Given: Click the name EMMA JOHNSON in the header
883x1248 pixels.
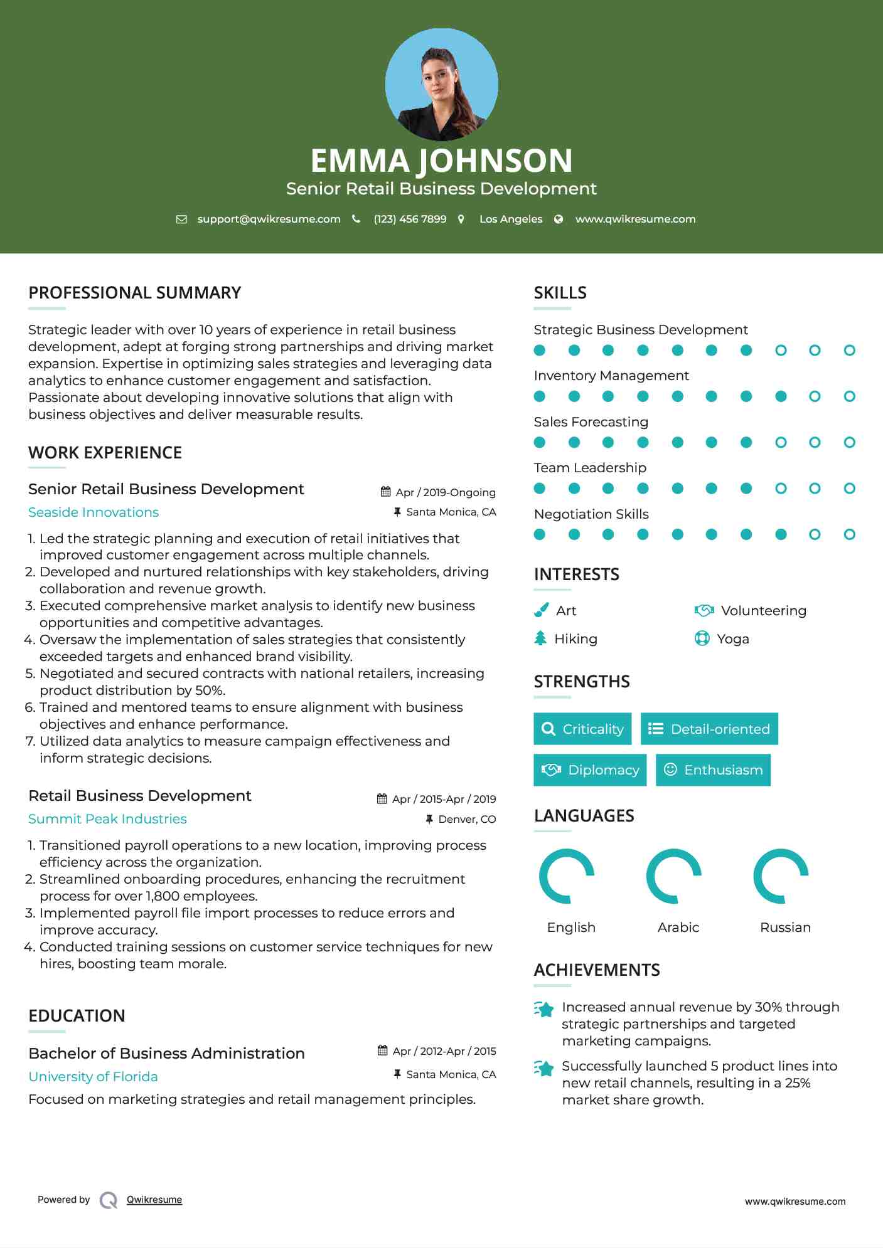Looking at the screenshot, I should tap(441, 161).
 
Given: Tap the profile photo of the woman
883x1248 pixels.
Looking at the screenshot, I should tap(441, 85).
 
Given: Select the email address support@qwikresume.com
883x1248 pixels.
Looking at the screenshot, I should tap(269, 219).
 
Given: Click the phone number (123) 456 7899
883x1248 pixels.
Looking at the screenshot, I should tap(410, 219).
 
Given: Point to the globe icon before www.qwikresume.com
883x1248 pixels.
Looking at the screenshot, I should tap(559, 219).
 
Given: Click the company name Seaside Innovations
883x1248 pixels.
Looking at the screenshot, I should tap(94, 512).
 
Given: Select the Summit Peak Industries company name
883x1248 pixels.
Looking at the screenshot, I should tap(107, 819).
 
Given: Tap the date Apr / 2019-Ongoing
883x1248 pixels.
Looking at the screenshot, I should tap(445, 492).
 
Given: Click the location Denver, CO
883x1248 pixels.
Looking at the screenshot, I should tap(467, 819).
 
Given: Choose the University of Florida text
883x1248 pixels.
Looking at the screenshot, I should tap(93, 1077).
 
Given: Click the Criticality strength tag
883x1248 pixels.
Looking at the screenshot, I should tap(582, 729).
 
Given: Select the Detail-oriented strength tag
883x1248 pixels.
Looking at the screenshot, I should tap(709, 729).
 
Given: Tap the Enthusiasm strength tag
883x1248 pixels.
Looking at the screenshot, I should tap(713, 769).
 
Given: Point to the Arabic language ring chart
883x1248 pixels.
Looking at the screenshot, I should tap(674, 876).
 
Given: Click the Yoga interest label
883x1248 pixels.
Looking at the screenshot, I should tap(733, 639).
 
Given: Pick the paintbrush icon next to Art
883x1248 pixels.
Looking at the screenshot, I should tap(541, 610).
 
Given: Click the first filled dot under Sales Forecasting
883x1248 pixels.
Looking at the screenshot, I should tap(540, 442).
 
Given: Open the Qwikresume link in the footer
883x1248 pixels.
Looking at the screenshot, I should tap(154, 1200).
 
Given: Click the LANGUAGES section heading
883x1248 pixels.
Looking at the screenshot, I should tap(584, 816).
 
